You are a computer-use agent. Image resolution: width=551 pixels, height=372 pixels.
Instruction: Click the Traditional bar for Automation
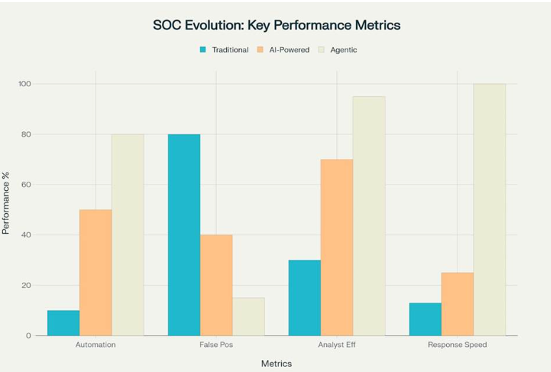tap(64, 323)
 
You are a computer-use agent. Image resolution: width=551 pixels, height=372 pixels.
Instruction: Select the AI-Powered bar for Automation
tap(95, 272)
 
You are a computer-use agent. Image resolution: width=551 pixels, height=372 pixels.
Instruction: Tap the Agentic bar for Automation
tap(127, 234)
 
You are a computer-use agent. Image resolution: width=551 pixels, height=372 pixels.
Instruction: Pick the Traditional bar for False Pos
tap(184, 234)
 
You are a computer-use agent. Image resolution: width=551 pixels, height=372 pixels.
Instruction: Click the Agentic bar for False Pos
tap(248, 316)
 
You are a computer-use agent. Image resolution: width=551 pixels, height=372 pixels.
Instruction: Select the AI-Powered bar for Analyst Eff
tap(337, 247)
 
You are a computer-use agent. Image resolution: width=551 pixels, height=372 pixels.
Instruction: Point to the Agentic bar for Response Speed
tap(490, 210)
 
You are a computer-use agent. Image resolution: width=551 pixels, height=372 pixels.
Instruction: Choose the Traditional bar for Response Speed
tap(425, 319)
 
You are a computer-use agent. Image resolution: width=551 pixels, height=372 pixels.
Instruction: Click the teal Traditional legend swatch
tap(203, 50)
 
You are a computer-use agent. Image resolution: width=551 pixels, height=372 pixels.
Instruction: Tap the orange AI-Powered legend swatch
tap(261, 50)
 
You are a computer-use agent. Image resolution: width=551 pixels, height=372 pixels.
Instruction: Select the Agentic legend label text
tap(343, 50)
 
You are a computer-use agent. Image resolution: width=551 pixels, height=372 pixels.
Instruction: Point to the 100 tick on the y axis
tap(26, 84)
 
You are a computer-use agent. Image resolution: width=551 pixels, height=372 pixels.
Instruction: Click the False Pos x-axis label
tap(216, 345)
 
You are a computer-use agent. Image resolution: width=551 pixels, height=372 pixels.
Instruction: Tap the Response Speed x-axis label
tap(458, 345)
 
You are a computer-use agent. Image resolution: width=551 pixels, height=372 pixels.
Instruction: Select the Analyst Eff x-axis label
tap(337, 345)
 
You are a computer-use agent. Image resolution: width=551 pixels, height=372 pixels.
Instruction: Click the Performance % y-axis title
tap(6, 210)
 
